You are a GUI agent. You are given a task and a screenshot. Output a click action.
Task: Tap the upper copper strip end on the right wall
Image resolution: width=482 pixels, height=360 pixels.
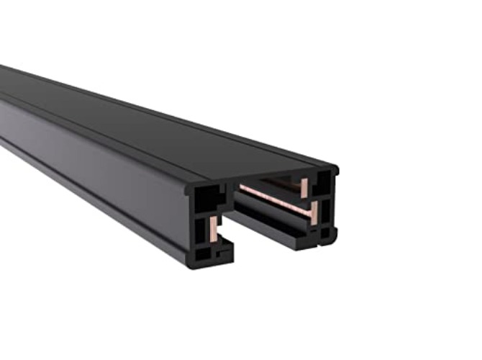pos(304,188)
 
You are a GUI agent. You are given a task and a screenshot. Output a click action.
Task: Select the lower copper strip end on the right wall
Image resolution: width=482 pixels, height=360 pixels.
pos(314,211)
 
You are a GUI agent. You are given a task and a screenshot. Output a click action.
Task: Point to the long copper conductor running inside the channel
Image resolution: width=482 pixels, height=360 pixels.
pos(273,198)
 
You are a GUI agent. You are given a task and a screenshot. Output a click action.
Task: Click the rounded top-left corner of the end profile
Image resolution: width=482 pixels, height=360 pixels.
pos(188,189)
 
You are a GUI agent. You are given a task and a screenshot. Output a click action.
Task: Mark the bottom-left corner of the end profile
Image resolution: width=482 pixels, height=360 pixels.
pos(192,264)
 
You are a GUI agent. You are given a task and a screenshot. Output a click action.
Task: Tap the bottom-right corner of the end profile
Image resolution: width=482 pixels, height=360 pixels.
pos(332,238)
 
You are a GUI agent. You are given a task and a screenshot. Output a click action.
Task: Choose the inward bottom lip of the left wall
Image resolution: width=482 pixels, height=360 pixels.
pos(225,248)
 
